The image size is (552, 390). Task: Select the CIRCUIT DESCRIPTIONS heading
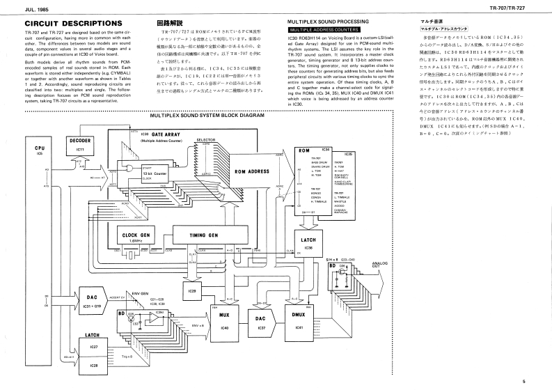[59, 24]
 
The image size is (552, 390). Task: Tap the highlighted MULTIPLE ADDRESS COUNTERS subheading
[322, 31]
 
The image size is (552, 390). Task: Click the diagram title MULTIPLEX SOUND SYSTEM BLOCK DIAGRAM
[209, 116]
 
